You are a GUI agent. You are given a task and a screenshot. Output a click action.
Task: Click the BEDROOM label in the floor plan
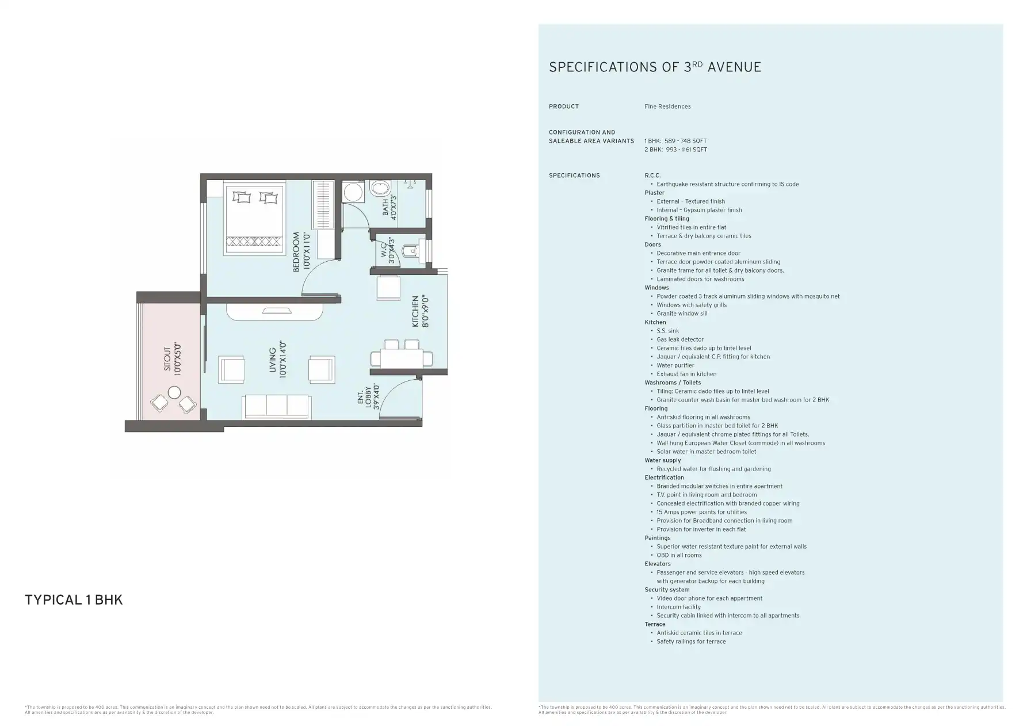[x=301, y=251]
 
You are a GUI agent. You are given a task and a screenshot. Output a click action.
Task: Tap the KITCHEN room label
[x=420, y=311]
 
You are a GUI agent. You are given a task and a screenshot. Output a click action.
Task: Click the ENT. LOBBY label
[x=369, y=397]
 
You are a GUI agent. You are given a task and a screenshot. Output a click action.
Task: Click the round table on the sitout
[x=174, y=393]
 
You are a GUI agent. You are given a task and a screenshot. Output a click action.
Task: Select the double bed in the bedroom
[x=254, y=219]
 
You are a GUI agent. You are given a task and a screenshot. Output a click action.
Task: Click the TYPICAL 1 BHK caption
[x=74, y=600]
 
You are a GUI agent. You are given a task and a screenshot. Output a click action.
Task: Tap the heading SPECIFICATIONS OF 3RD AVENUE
[x=655, y=67]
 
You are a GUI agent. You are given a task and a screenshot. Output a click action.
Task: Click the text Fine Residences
[x=667, y=106]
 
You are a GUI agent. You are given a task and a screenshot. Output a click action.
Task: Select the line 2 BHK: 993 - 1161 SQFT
[x=675, y=150]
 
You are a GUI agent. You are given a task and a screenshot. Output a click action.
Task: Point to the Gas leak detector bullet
[x=680, y=339]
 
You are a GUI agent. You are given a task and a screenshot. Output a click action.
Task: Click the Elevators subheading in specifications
[x=658, y=564]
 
